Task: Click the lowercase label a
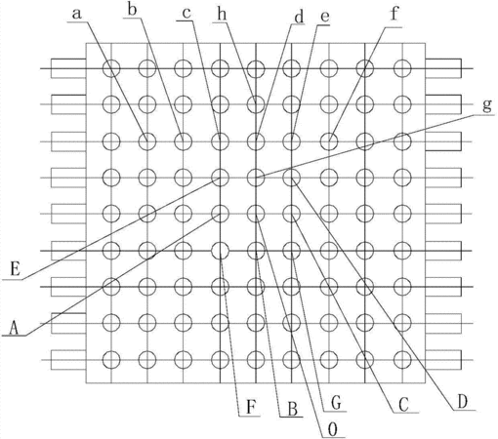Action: pos(76,14)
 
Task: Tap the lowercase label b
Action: pos(132,10)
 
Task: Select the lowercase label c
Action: pos(187,14)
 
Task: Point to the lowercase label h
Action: pos(222,15)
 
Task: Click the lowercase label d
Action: pos(299,17)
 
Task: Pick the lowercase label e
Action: pos(324,17)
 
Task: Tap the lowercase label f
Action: pos(394,14)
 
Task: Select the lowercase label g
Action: pos(487,105)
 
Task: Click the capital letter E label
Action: pos(16,269)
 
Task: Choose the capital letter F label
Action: pos(251,407)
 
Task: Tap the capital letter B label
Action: pos(293,409)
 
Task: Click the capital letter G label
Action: pos(336,403)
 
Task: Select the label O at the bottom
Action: pos(333,430)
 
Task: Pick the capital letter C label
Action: pos(403,405)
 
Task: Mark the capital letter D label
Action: pos(462,402)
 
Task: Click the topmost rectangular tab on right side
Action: pos(443,68)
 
